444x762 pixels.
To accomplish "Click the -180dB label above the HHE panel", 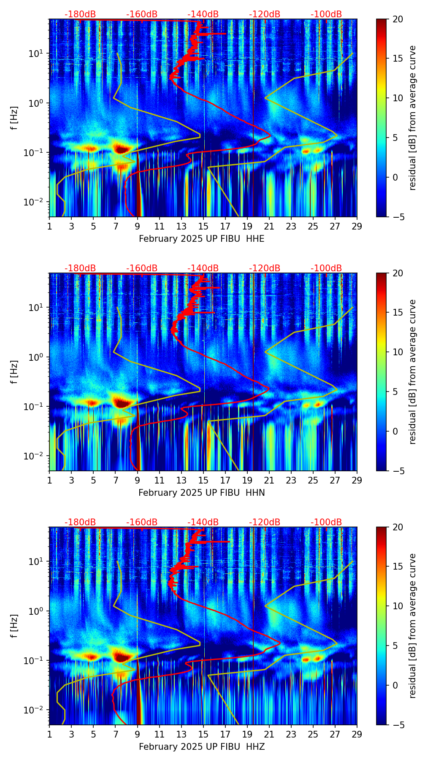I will coord(80,14).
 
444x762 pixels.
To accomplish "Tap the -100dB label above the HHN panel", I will coord(326,268).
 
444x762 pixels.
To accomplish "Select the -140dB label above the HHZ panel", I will coord(203,522).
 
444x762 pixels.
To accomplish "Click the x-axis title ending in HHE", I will coord(202,239).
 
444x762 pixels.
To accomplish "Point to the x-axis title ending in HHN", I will coord(202,493).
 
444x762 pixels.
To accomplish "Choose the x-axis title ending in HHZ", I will coord(202,747).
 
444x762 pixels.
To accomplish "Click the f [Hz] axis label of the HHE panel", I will coord(14,118).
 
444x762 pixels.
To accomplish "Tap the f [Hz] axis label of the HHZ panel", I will coord(14,626).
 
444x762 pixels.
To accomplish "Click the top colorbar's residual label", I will coord(413,118).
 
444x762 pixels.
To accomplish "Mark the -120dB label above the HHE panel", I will coord(265,14).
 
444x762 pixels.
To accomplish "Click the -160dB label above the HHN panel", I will coord(142,268).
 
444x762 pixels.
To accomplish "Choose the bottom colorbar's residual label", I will coord(413,626).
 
